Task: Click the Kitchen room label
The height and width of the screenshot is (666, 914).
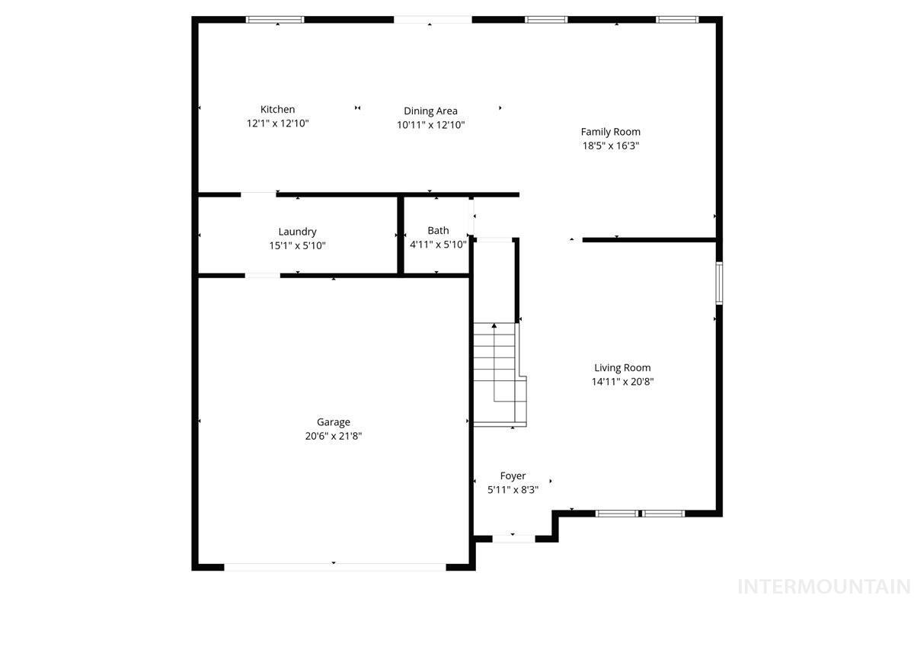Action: coord(277,110)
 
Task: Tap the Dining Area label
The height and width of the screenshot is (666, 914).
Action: coord(430,111)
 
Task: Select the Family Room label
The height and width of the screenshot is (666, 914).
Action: coord(610,132)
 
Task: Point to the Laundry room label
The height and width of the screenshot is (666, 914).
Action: coord(297,232)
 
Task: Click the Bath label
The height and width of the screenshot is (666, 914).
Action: coord(438,230)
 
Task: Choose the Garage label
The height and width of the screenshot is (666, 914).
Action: coord(334,422)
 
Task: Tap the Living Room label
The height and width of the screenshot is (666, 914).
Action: coord(622,368)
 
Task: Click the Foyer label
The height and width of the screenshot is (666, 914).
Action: coord(513,476)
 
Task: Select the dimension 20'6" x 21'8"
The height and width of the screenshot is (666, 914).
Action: coord(334,437)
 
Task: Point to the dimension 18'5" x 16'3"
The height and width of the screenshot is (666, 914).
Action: coord(610,146)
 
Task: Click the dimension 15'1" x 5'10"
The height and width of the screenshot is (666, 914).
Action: coord(297,245)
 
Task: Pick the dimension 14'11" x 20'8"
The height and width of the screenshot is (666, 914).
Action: coord(622,382)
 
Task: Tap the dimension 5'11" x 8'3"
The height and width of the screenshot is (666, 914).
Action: coord(513,490)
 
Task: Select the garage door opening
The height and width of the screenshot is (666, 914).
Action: coord(334,566)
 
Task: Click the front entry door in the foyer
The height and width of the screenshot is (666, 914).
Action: coord(513,539)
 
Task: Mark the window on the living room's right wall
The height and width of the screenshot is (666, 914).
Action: coord(718,283)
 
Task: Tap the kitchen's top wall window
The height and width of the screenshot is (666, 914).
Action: coord(275,20)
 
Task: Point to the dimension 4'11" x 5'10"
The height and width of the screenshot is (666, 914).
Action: coord(438,245)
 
